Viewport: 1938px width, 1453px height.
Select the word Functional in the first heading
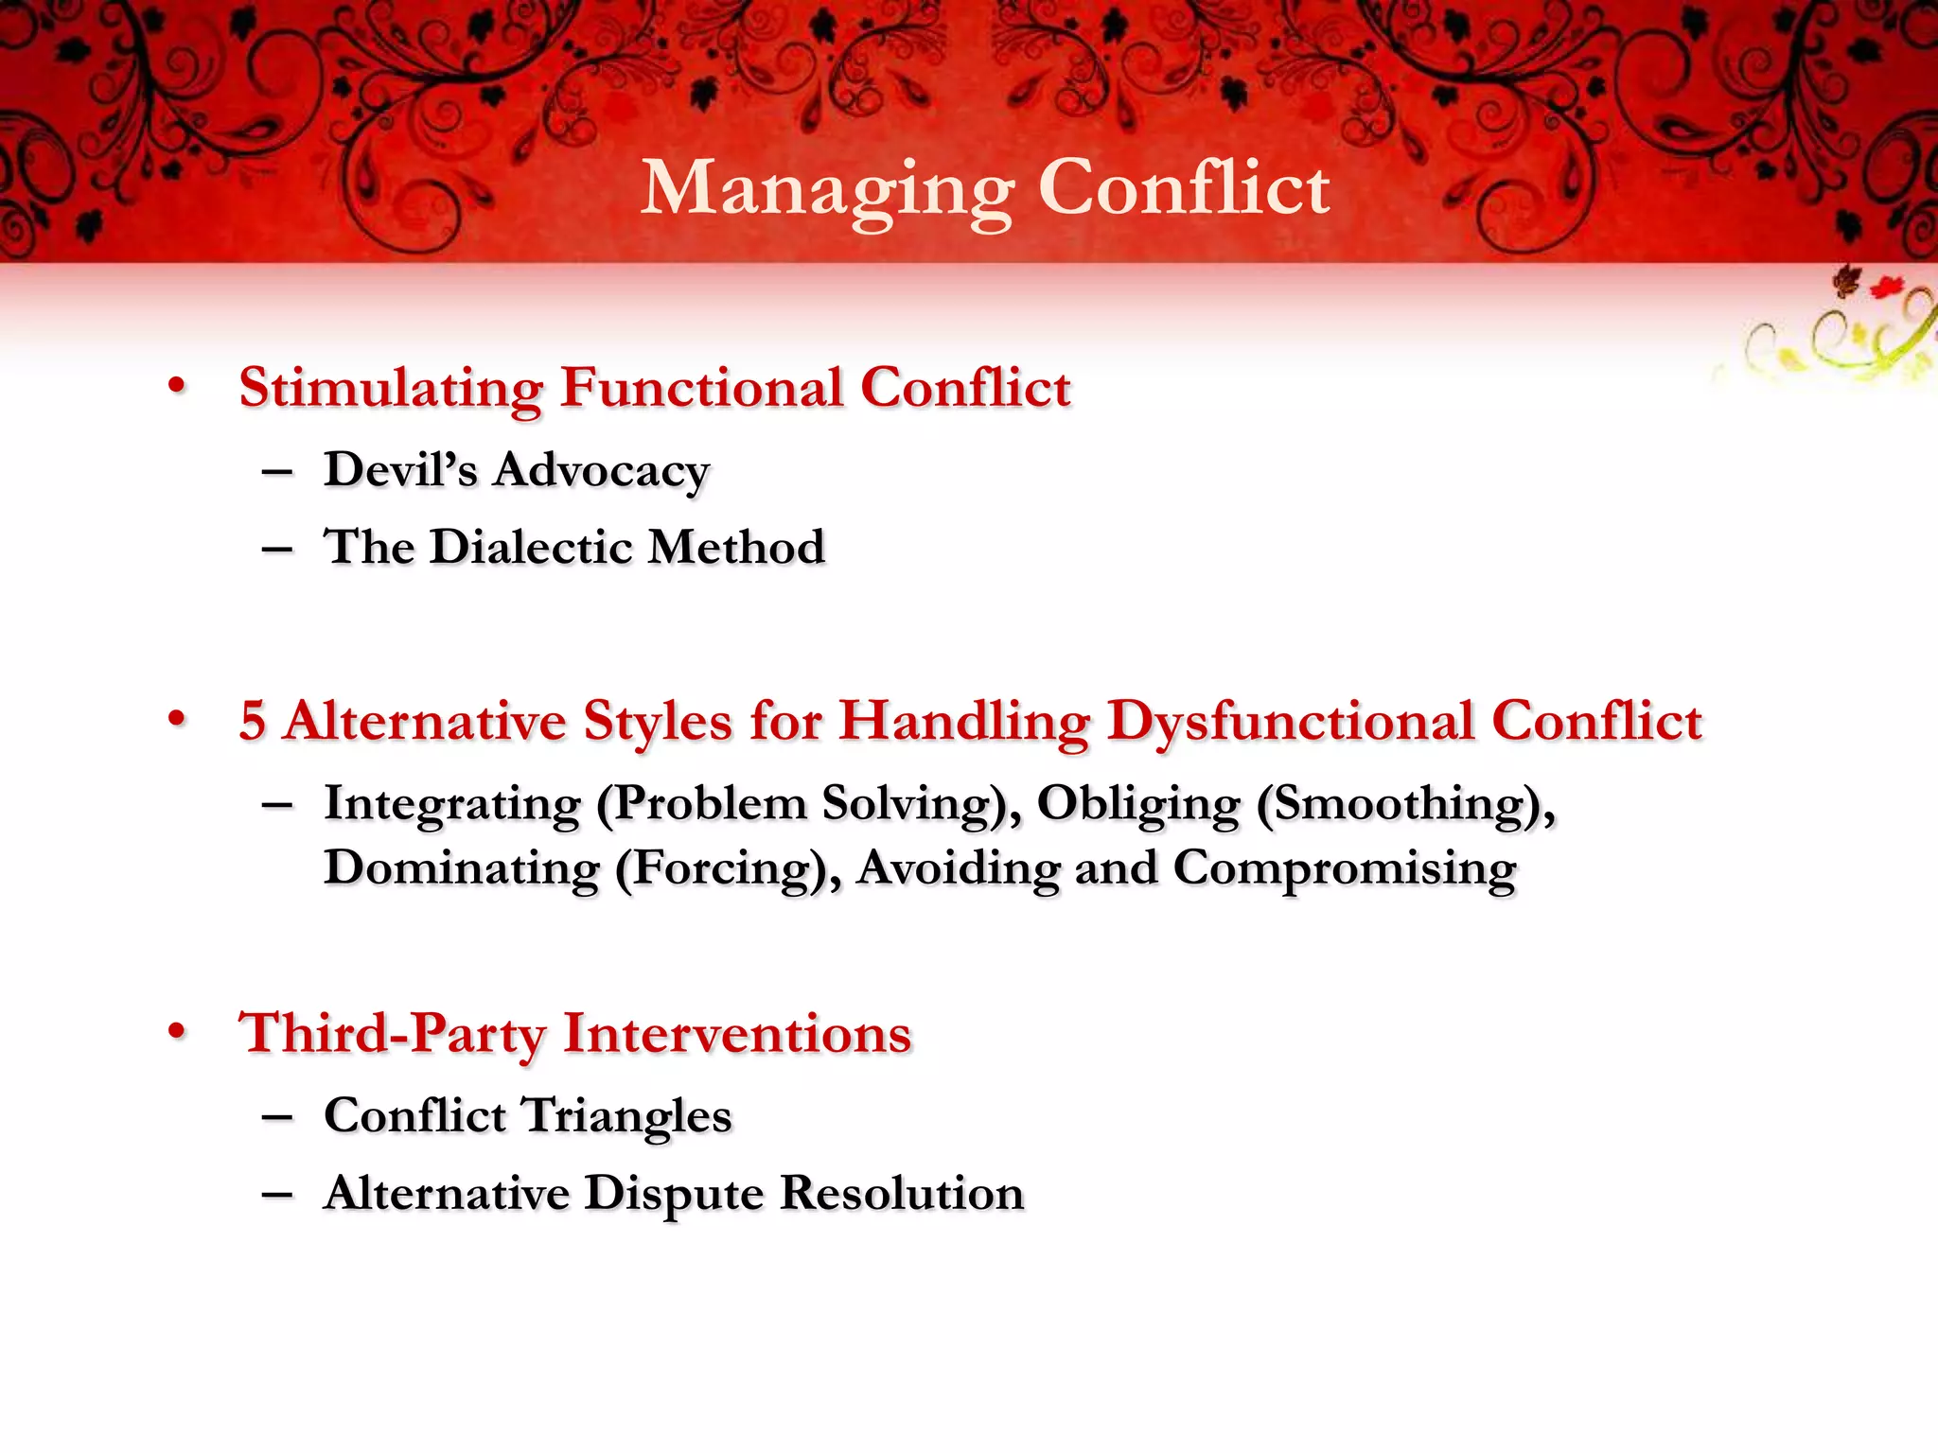pyautogui.click(x=701, y=389)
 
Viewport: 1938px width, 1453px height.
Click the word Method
pyautogui.click(x=737, y=548)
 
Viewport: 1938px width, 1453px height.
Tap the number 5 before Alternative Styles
pyautogui.click(x=252, y=721)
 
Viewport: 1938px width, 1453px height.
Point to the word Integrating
pyautogui.click(x=452, y=805)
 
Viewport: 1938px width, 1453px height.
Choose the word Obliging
pyautogui.click(x=1138, y=805)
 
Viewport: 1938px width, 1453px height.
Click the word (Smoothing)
pyautogui.click(x=1405, y=805)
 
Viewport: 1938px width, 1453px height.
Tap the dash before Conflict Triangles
pyautogui.click(x=277, y=1117)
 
